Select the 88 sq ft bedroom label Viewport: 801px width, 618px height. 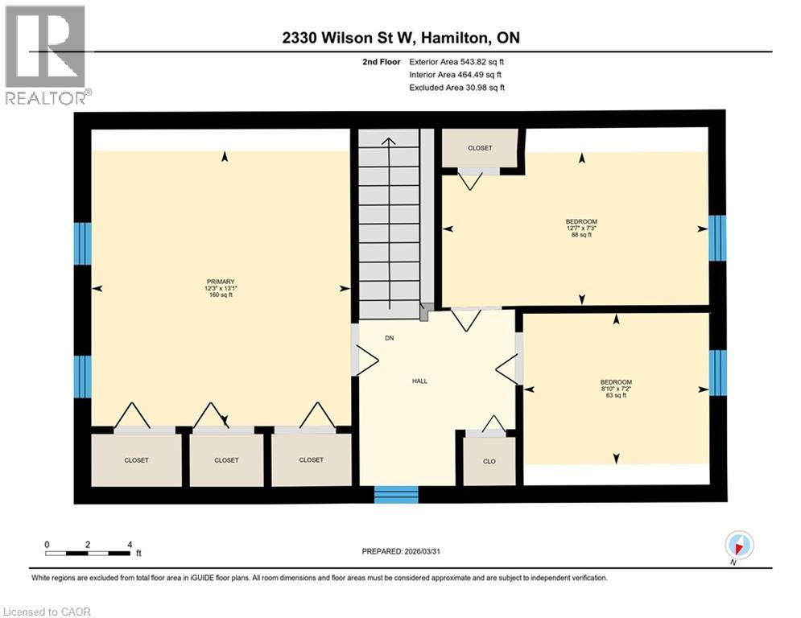(581, 228)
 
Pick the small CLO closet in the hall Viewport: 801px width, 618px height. (489, 461)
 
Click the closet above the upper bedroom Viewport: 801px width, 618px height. (481, 148)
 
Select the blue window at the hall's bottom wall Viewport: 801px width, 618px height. (397, 494)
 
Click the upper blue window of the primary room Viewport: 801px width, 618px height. (82, 244)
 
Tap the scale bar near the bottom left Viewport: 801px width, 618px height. (89, 552)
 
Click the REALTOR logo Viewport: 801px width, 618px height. (45, 54)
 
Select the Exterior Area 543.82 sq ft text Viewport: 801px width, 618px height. (457, 61)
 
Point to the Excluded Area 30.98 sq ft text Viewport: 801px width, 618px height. (457, 87)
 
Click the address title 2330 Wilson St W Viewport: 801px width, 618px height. (400, 38)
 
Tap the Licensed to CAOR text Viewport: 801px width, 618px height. (47, 612)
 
